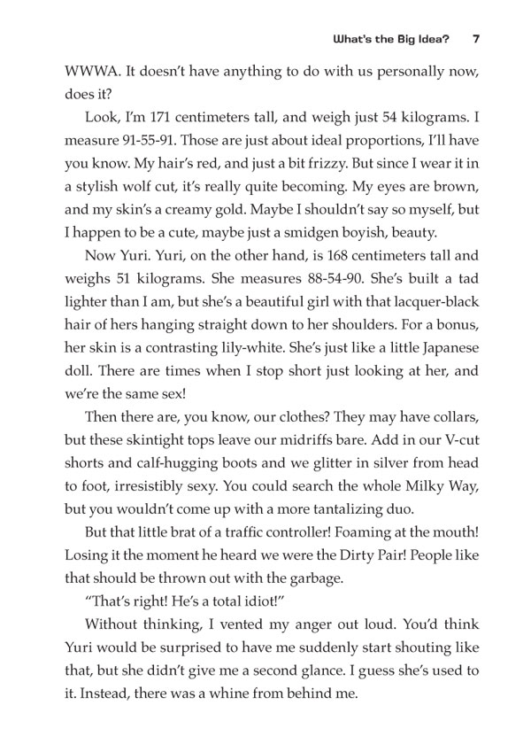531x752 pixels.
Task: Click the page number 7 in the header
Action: click(476, 39)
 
